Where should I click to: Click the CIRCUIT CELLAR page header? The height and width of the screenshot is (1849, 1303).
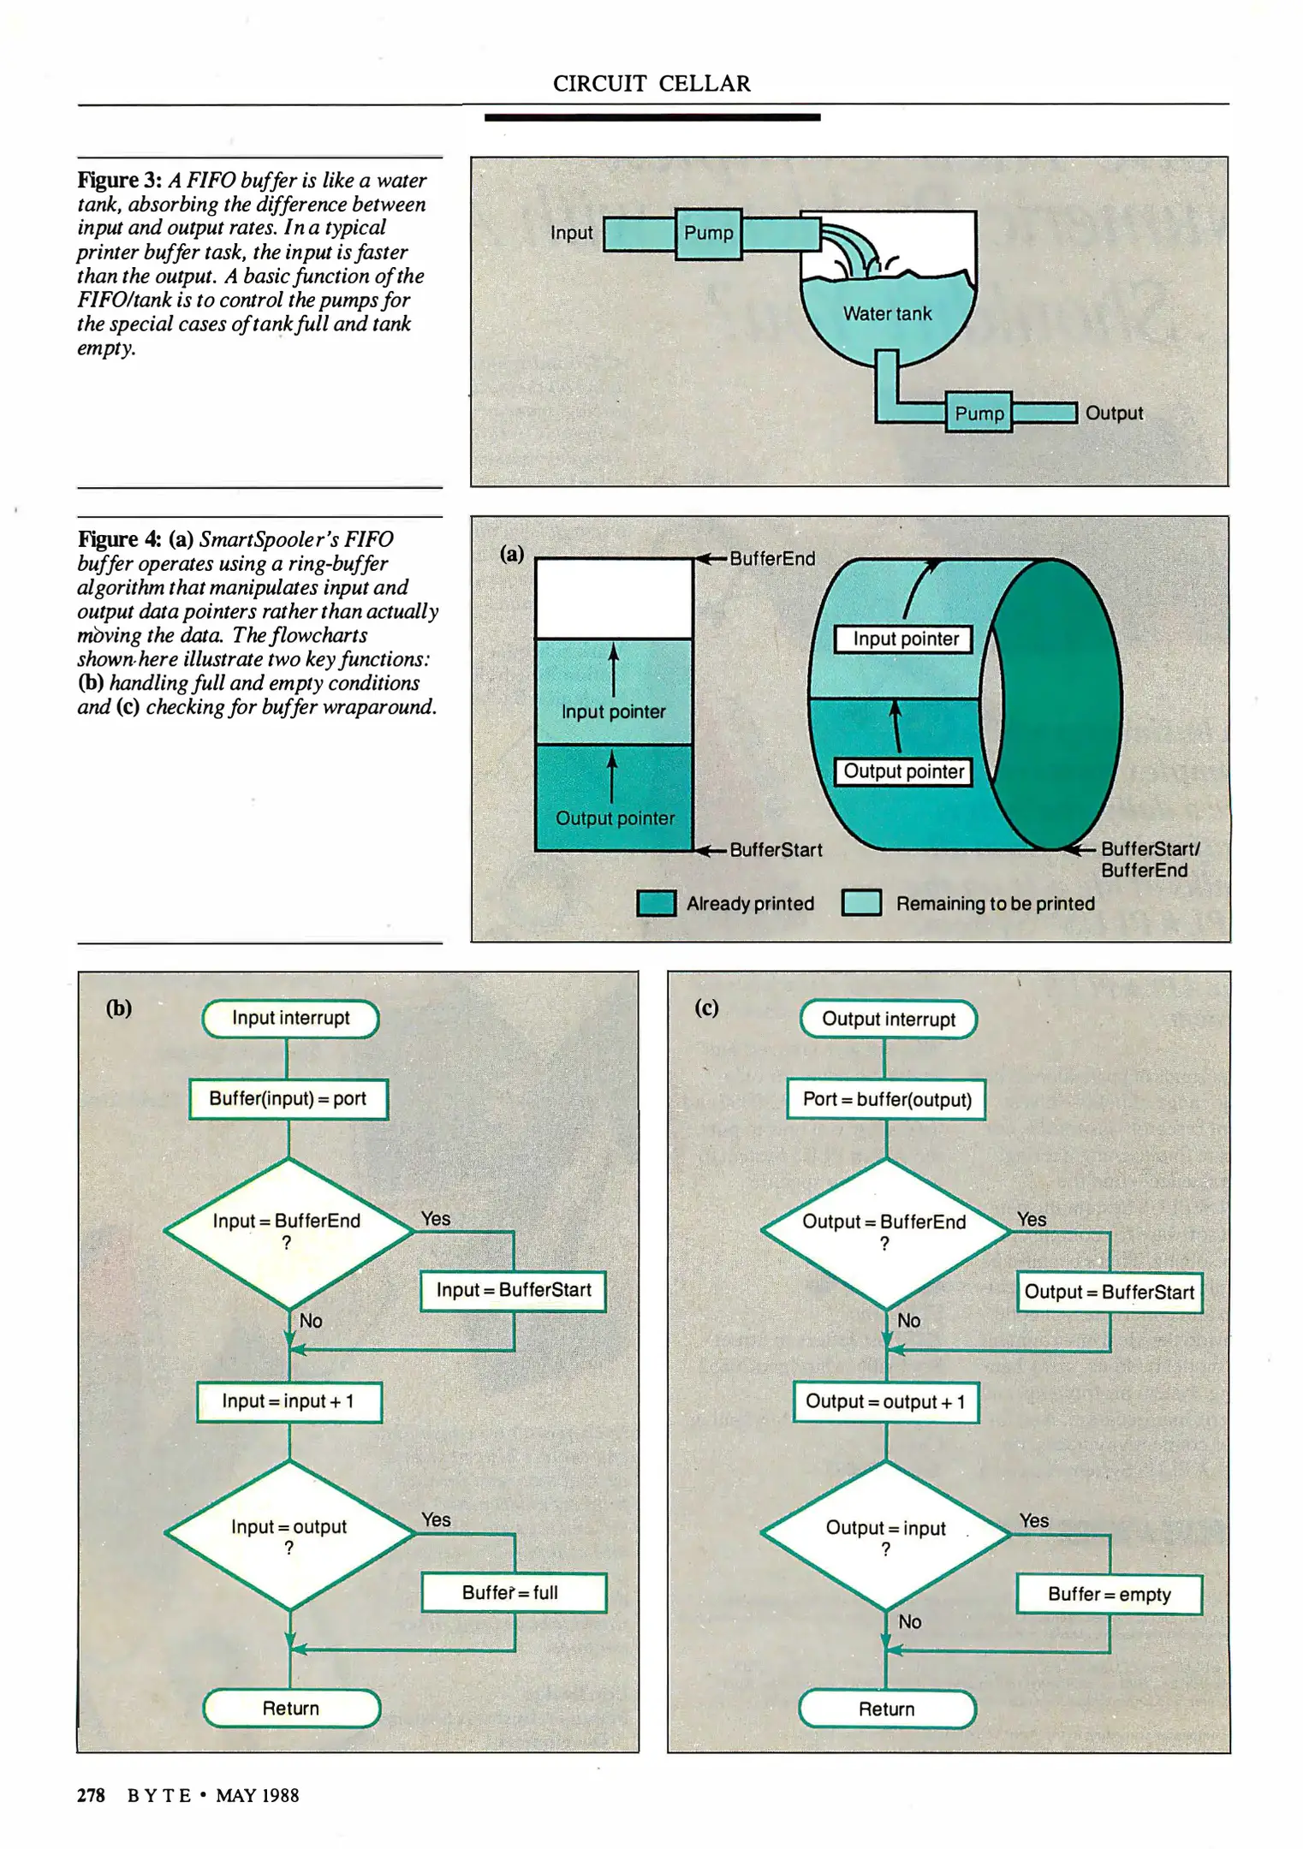tap(651, 83)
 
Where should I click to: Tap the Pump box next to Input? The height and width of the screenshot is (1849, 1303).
tap(708, 233)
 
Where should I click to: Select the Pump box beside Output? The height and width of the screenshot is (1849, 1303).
tap(979, 413)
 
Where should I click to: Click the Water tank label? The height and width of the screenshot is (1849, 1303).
tap(887, 314)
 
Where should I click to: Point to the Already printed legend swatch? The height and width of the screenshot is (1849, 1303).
tap(657, 903)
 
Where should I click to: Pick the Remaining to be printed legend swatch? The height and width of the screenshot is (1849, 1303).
tap(861, 903)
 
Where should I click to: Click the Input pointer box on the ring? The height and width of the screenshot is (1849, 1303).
tap(905, 639)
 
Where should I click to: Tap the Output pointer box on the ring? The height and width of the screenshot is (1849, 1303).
tap(903, 771)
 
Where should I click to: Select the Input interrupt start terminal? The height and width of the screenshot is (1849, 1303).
tap(290, 1019)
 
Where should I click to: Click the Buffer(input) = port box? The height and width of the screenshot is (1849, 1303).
tap(288, 1099)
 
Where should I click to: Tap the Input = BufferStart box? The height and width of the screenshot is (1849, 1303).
tap(513, 1290)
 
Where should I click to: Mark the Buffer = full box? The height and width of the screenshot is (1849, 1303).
tap(514, 1593)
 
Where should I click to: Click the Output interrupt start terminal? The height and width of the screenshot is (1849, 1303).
tap(888, 1020)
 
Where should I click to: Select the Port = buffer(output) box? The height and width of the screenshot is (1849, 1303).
tap(886, 1100)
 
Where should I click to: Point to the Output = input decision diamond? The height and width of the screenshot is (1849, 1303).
tap(885, 1535)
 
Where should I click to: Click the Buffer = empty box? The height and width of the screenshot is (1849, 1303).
tap(1109, 1594)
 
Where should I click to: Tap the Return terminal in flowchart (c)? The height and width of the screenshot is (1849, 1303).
tap(887, 1709)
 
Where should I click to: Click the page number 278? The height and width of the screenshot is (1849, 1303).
tap(91, 1795)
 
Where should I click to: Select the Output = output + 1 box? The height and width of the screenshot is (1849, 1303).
tap(885, 1402)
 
